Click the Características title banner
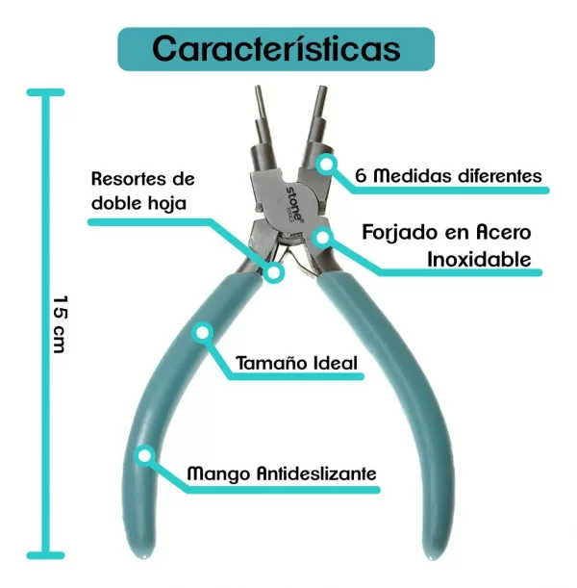[276, 48]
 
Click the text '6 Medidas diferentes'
[447, 176]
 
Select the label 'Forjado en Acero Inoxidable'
[446, 245]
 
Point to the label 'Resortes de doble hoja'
[142, 191]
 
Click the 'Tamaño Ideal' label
[296, 364]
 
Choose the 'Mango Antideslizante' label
[281, 473]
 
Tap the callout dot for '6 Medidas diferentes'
[327, 165]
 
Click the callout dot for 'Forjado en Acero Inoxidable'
[322, 236]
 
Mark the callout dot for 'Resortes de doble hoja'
[274, 272]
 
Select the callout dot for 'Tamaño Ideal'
[203, 332]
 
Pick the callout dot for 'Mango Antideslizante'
[146, 455]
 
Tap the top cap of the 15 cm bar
[45, 92]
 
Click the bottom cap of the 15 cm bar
[45, 555]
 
